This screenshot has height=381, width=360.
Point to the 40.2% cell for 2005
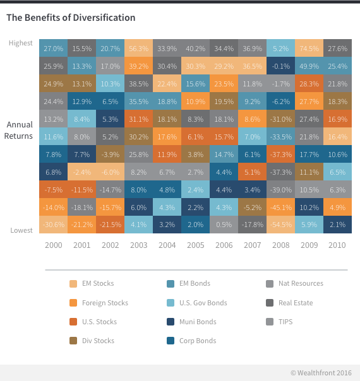[195, 48]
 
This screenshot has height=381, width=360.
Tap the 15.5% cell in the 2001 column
[82, 48]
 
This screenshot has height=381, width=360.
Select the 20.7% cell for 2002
[110, 48]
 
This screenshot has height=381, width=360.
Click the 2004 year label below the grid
[167, 245]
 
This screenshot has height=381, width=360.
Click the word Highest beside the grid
[21, 43]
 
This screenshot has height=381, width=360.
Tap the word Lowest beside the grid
[21, 231]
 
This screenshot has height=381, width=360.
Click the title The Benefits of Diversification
[71, 18]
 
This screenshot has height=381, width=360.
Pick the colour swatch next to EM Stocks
[73, 284]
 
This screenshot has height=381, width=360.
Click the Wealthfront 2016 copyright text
[322, 373]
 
